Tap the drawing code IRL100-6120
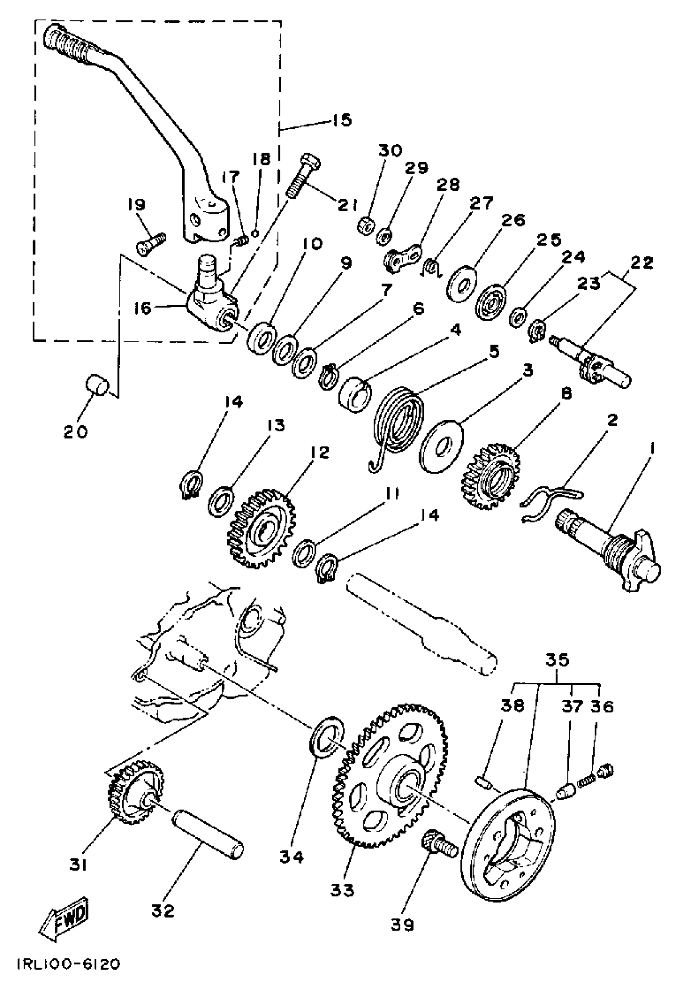pyautogui.click(x=69, y=972)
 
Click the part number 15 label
pyautogui.click(x=342, y=120)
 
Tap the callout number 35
pyautogui.click(x=557, y=660)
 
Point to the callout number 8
pyautogui.click(x=566, y=394)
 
